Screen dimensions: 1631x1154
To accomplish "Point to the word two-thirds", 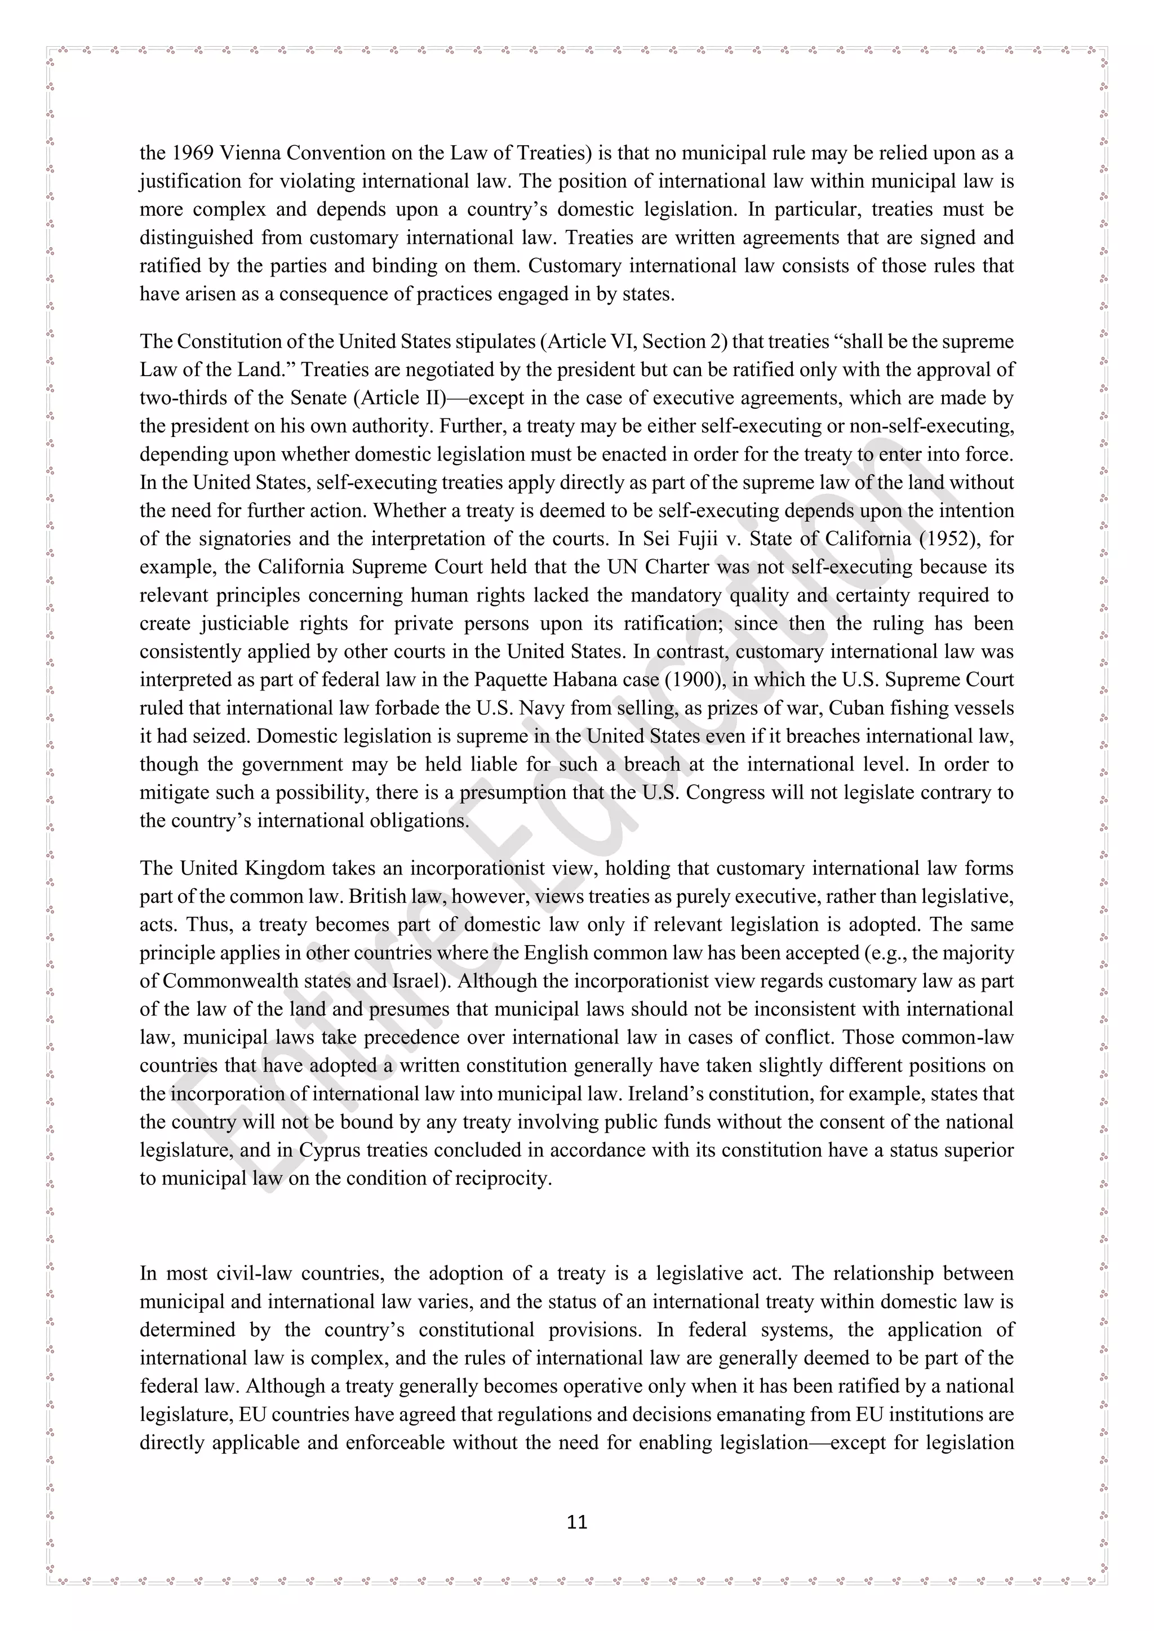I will (x=176, y=398).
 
